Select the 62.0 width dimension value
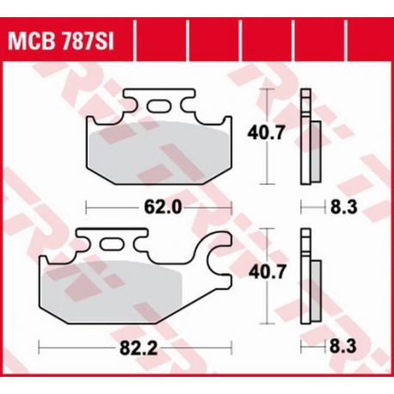[x=161, y=206]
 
